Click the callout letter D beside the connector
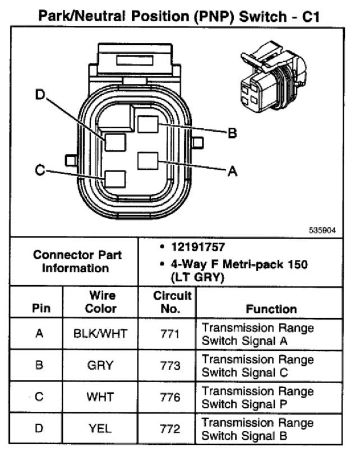pyautogui.click(x=40, y=95)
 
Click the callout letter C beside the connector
pyautogui.click(x=40, y=170)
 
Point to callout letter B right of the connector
pyautogui.click(x=232, y=133)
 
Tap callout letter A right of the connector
pyautogui.click(x=232, y=171)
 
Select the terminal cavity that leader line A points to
pyautogui.click(x=148, y=161)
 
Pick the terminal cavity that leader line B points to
pyautogui.click(x=148, y=124)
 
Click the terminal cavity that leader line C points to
pyautogui.click(x=115, y=179)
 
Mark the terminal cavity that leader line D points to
pyautogui.click(x=115, y=142)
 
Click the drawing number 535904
pyautogui.click(x=322, y=230)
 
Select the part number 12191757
pyautogui.click(x=198, y=247)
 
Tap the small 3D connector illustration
pyautogui.click(x=273, y=77)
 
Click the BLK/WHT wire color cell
pyautogui.click(x=100, y=333)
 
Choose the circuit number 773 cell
pyautogui.click(x=170, y=365)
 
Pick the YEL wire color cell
pyautogui.click(x=100, y=429)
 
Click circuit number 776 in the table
pyautogui.click(x=170, y=397)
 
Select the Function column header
pyautogui.click(x=271, y=309)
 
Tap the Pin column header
pyautogui.click(x=41, y=308)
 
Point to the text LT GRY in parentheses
pyautogui.click(x=197, y=277)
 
